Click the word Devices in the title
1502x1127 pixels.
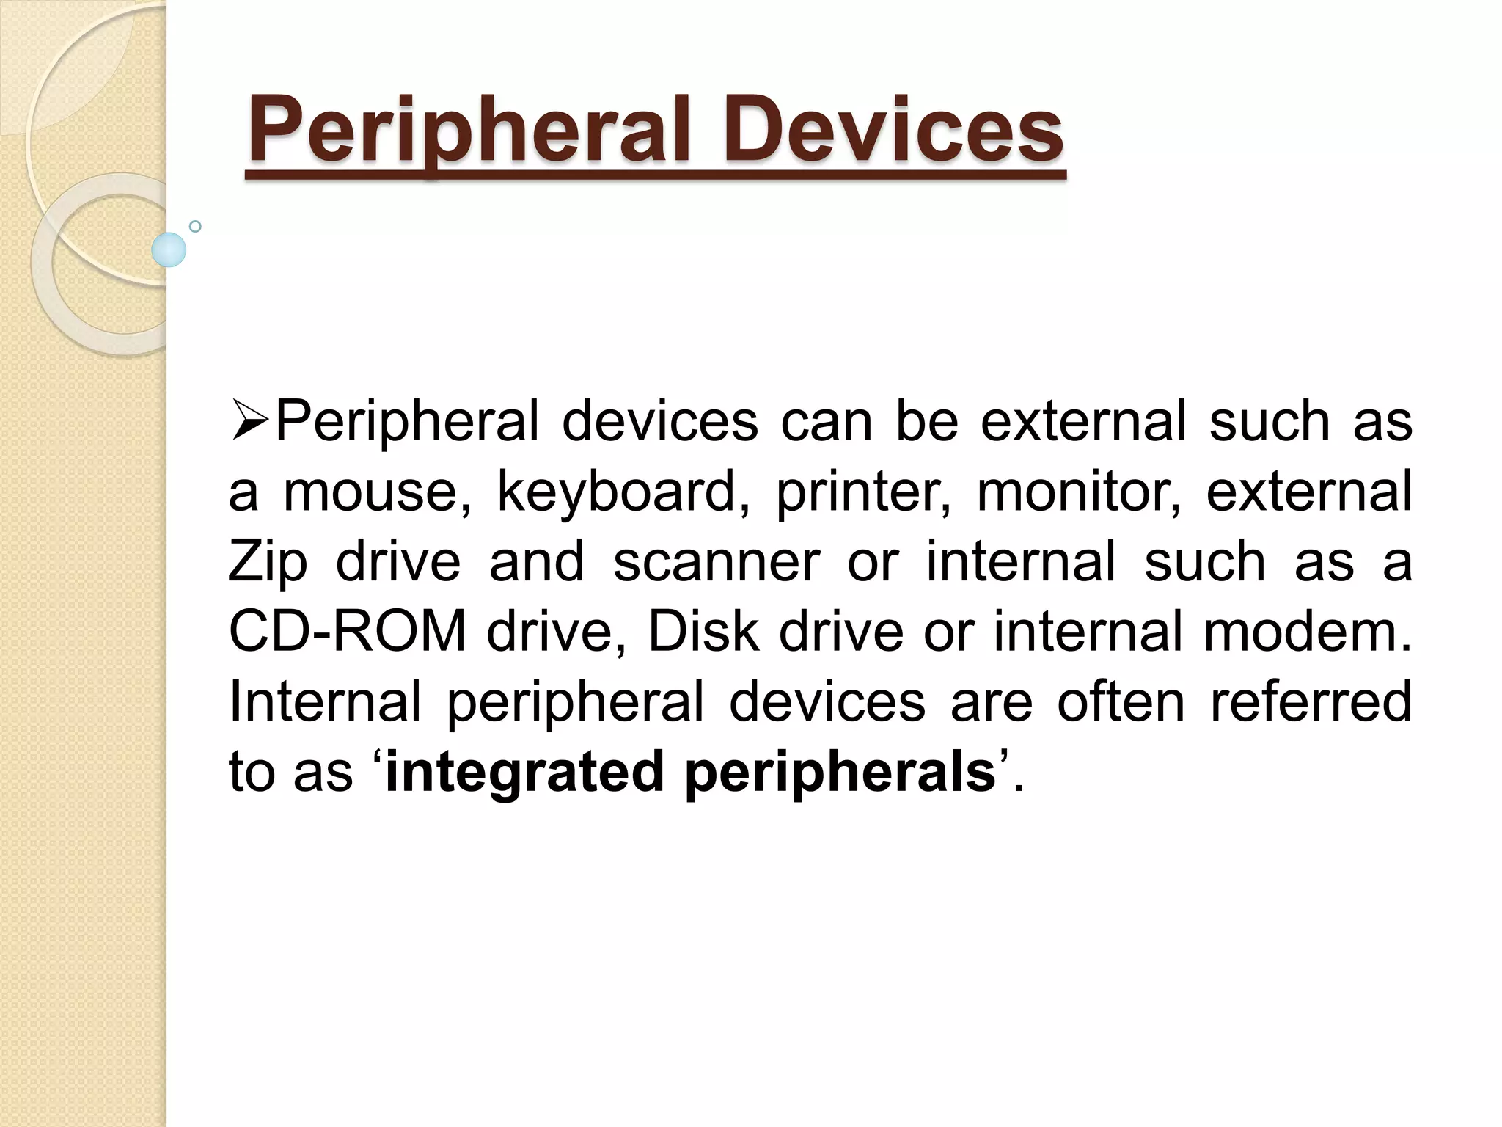coord(893,132)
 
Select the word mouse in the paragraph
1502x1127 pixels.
coord(377,492)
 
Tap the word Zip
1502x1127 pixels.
coord(268,562)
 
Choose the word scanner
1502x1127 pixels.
coord(717,562)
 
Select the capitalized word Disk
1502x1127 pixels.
coord(703,632)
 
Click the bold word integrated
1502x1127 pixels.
coord(524,773)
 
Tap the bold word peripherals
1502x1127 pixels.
coord(840,773)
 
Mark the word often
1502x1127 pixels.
coord(1120,702)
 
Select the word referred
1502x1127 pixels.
coord(1311,702)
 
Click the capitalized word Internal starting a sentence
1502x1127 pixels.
coord(325,702)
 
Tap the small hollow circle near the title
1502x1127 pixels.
coord(195,227)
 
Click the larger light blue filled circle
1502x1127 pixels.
coord(169,249)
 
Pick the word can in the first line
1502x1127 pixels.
coord(826,422)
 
